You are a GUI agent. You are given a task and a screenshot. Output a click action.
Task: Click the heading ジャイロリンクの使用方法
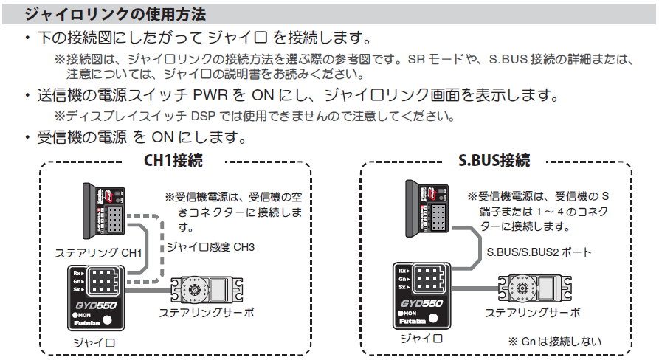(115, 14)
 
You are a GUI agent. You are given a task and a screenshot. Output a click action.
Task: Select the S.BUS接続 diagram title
(494, 160)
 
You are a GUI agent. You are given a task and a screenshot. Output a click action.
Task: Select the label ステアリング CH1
(97, 252)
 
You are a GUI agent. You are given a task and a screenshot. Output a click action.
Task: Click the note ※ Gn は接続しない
(554, 342)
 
